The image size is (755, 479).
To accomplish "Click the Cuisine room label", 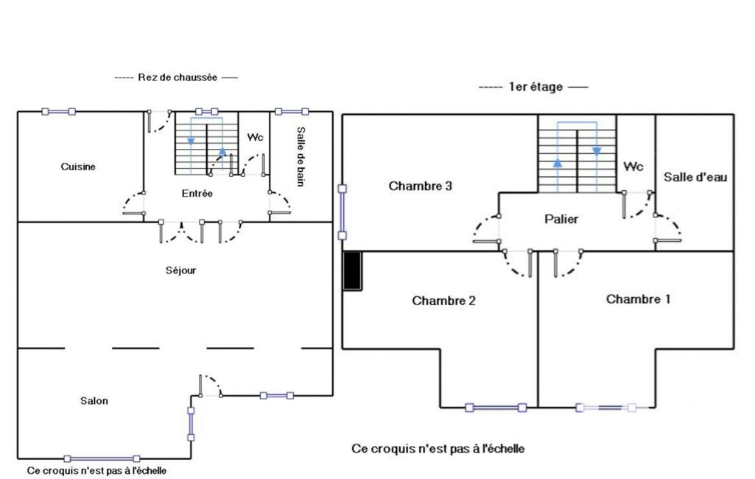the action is [78, 167].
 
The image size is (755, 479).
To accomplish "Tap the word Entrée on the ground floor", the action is [197, 193].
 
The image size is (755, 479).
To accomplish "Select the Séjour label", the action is [180, 270].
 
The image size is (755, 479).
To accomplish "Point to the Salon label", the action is [94, 401].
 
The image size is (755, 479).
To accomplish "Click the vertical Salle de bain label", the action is [301, 156].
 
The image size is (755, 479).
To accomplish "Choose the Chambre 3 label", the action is [421, 186].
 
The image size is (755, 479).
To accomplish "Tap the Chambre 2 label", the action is [443, 301].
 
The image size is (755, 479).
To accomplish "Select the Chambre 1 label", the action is [638, 299].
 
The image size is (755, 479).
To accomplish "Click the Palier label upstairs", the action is [561, 220].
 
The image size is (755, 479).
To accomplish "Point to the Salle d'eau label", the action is [695, 178].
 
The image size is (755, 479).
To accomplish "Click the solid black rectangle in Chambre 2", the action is [352, 271].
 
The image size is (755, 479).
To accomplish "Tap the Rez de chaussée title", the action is [178, 77].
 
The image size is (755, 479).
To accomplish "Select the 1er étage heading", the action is [535, 87].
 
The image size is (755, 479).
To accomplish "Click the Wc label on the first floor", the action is [633, 167].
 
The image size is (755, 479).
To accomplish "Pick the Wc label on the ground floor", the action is [255, 137].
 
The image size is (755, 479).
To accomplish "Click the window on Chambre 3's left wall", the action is [343, 212].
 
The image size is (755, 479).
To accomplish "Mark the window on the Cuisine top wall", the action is [58, 112].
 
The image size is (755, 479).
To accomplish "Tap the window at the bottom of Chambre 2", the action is [496, 408].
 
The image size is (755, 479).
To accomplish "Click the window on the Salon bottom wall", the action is [102, 459].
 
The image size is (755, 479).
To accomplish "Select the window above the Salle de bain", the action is [291, 112].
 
